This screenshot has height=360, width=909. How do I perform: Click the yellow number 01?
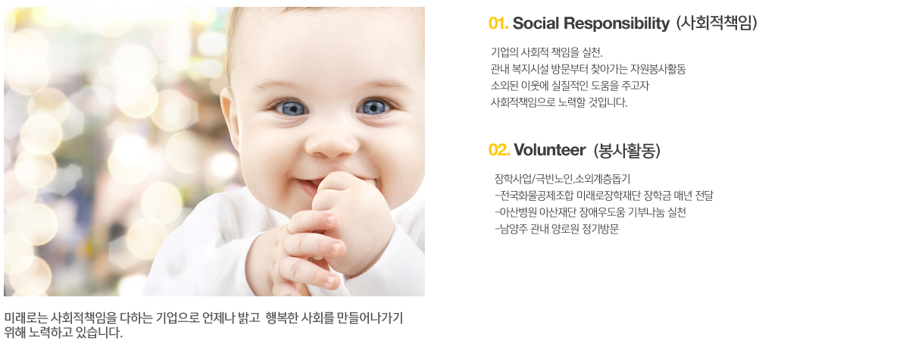coord(498,23)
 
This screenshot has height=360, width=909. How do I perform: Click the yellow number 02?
coord(499,150)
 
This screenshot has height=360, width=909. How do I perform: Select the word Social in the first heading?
coord(536,23)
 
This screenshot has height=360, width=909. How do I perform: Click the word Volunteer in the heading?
coord(549,150)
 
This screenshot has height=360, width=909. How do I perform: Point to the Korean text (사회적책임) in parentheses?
coord(717,23)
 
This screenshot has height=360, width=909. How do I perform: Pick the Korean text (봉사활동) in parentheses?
coord(627,150)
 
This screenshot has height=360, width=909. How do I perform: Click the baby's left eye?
coord(373,107)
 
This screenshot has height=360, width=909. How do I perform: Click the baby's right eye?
coord(291,108)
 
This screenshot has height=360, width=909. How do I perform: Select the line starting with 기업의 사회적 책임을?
coord(547,52)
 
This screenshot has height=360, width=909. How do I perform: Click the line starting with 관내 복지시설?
coord(588,69)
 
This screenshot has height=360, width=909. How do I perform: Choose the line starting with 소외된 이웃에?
coord(570,86)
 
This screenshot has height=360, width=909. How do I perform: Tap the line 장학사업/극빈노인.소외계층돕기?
coord(562,179)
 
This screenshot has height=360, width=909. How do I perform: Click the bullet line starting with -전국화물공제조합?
coord(604,196)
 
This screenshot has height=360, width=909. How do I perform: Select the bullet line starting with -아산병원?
coord(590,212)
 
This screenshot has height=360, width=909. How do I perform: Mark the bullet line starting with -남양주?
coord(557,229)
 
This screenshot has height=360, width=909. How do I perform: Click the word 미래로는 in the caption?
coord(26,318)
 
